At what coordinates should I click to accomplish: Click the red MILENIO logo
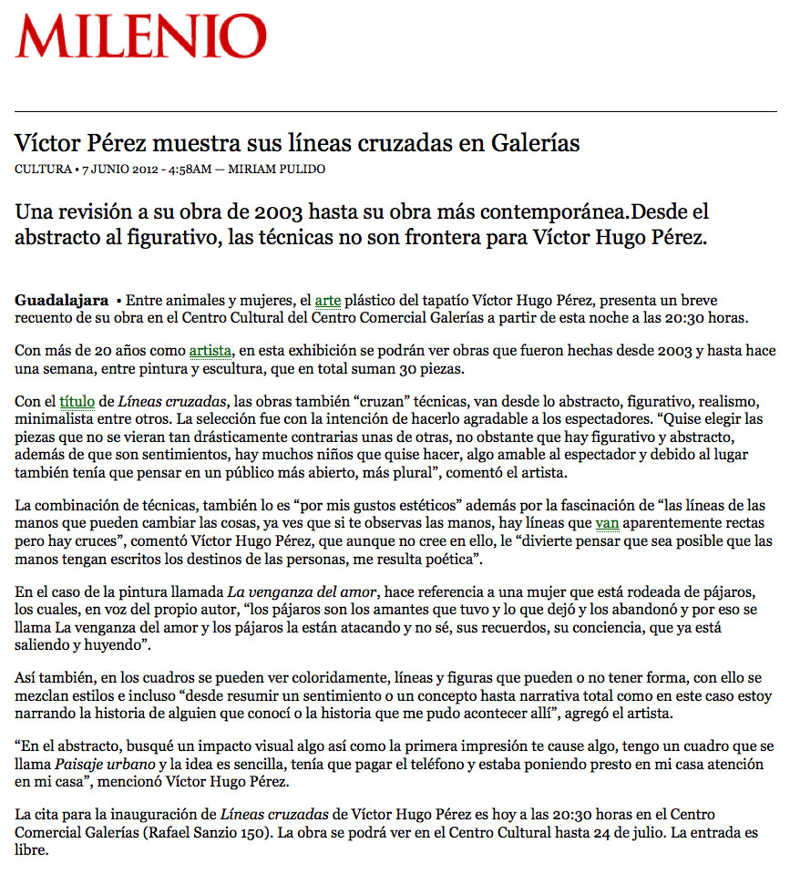(141, 38)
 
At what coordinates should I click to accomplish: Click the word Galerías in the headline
(537, 143)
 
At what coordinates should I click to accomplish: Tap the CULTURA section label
(43, 170)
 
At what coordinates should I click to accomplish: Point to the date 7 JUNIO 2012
(120, 170)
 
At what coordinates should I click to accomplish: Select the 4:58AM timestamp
(191, 170)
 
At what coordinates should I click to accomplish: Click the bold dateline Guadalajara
(61, 300)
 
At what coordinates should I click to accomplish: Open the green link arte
(327, 300)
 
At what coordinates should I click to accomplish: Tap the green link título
(77, 401)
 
